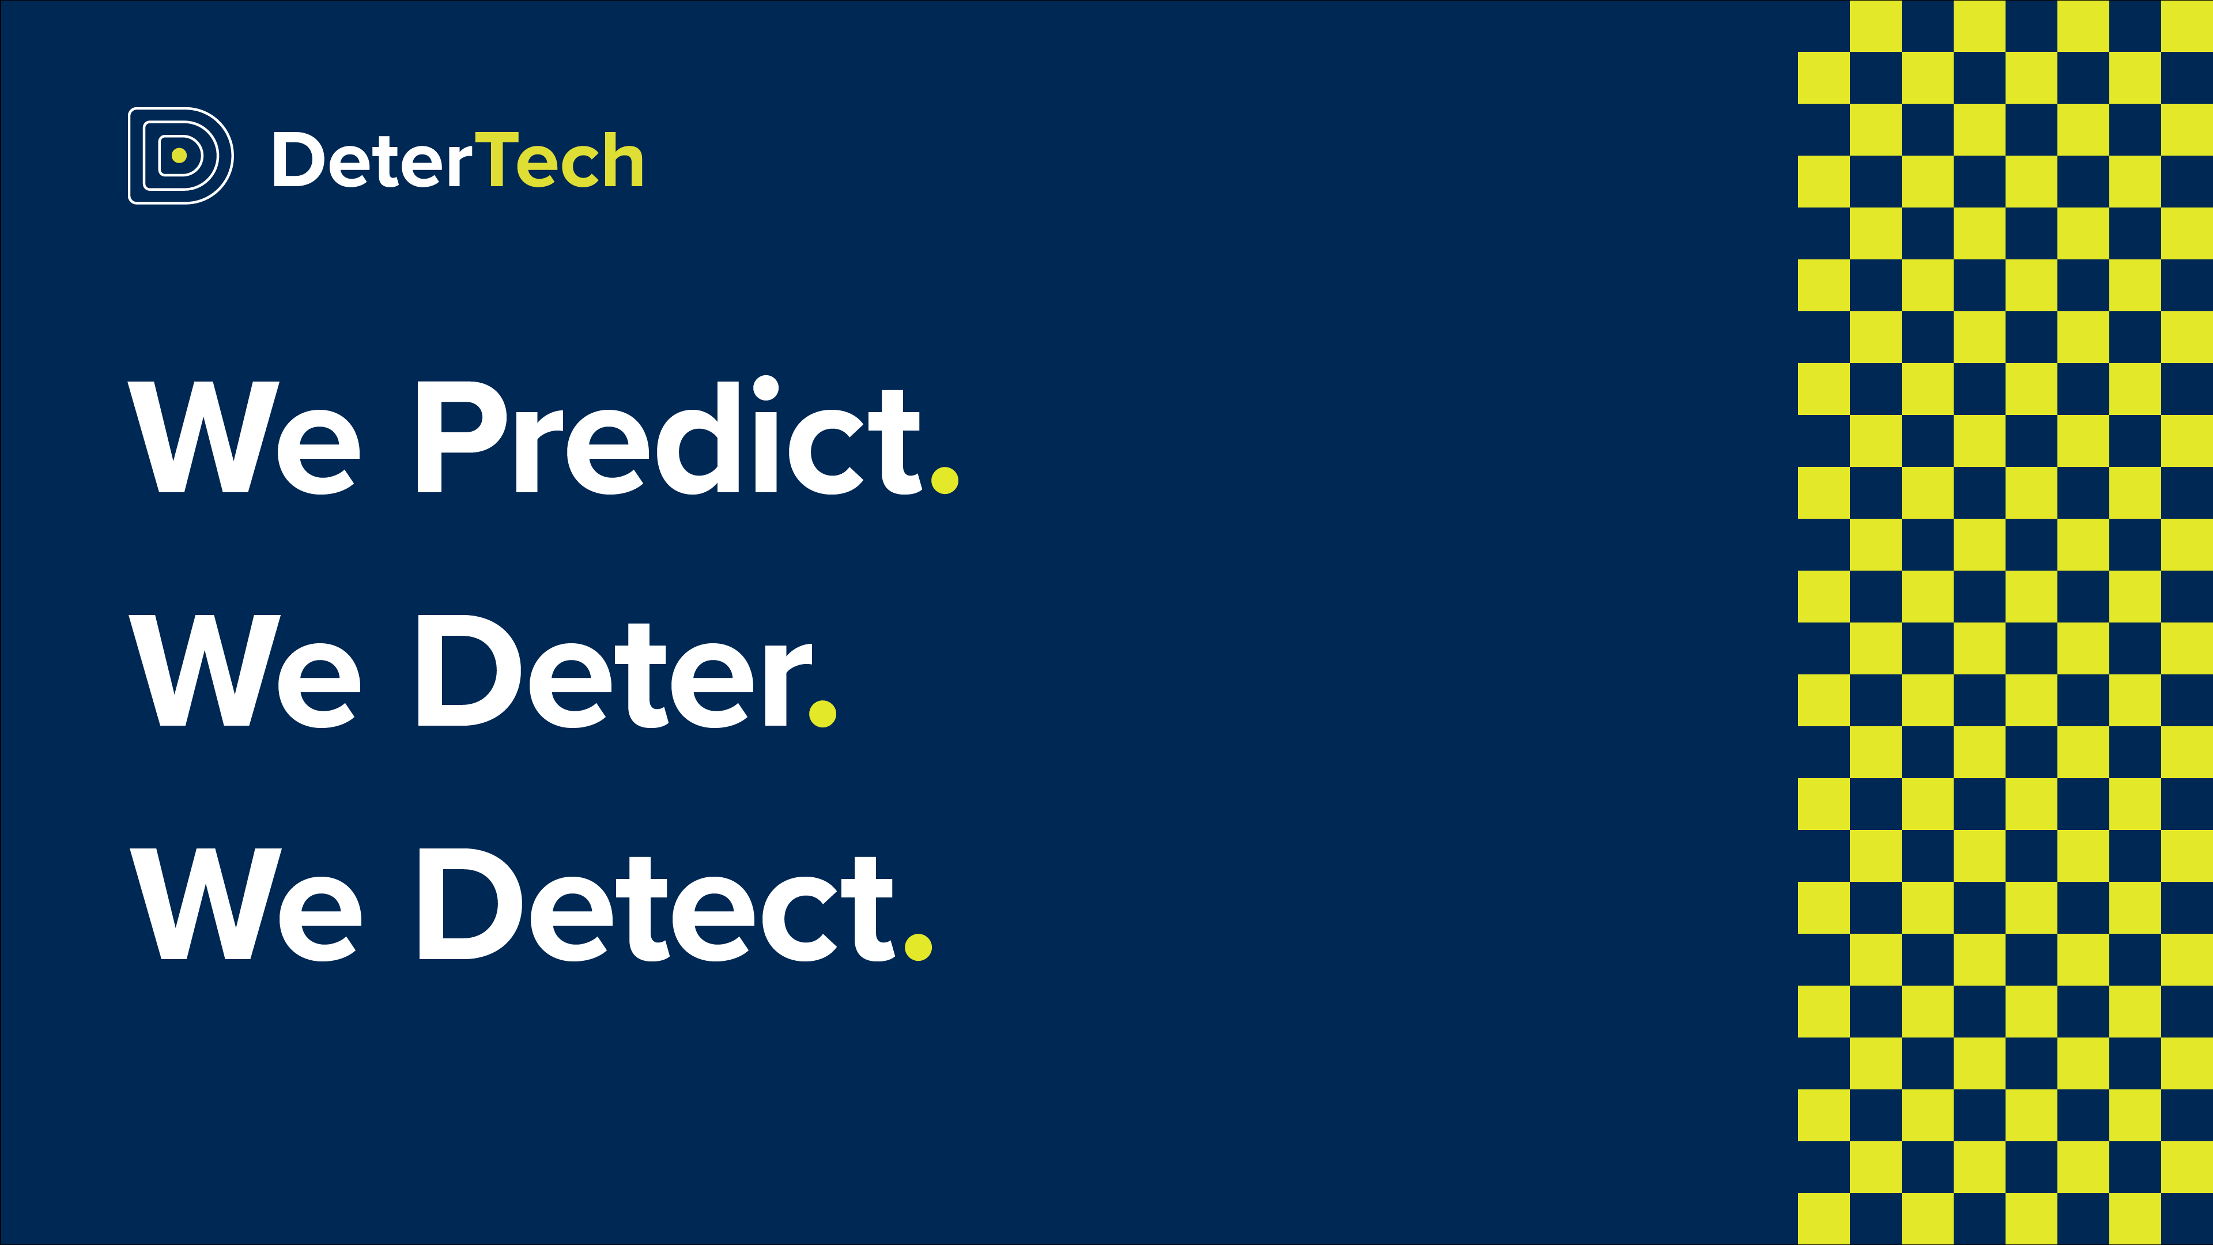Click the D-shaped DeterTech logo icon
point(180,156)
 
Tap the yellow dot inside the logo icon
point(179,156)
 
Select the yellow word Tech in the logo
point(558,159)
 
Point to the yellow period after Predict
point(944,480)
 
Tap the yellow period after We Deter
point(823,713)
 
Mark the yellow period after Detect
point(919,947)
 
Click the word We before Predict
point(244,438)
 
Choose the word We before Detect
point(246,905)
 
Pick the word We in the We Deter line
point(245,671)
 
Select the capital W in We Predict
point(203,437)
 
